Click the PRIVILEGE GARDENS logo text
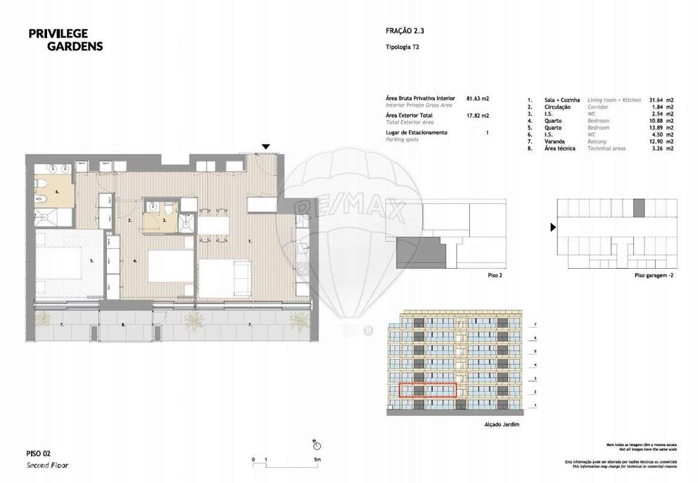[x=65, y=40]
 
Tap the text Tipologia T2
[x=402, y=46]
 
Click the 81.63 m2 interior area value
[x=478, y=98]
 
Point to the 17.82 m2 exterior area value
[x=478, y=115]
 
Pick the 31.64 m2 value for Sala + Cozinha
[x=661, y=100]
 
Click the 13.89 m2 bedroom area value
[x=661, y=127]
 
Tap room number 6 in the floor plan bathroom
[x=58, y=191]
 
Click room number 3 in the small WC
[x=165, y=221]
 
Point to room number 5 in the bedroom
[x=92, y=261]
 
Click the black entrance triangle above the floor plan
[x=265, y=147]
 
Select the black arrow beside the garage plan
[x=552, y=228]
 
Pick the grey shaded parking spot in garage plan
[x=639, y=208]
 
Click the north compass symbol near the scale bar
[x=318, y=445]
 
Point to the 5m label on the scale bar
[x=317, y=460]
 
